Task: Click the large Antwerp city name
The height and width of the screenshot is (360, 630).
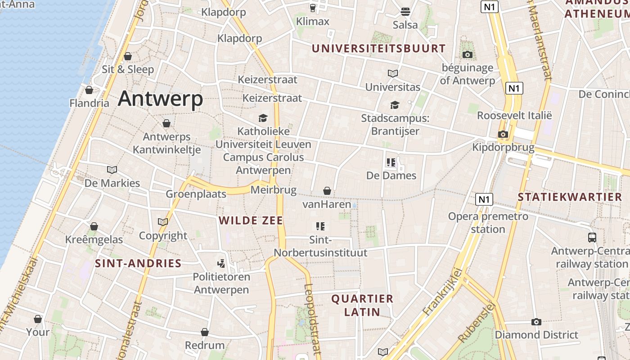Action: click(x=160, y=98)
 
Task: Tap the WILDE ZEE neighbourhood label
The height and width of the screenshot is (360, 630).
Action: click(x=251, y=220)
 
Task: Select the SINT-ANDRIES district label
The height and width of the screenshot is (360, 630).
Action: click(x=138, y=263)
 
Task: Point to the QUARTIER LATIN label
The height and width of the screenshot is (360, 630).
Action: click(x=362, y=305)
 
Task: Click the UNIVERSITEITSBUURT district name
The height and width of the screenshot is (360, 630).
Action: click(x=378, y=48)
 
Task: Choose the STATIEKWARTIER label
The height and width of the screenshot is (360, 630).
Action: click(x=570, y=197)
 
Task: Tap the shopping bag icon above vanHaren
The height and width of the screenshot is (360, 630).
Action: click(x=327, y=191)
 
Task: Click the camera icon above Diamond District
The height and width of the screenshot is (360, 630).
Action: click(x=536, y=322)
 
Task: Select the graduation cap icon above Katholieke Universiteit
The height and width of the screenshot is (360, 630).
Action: click(x=263, y=118)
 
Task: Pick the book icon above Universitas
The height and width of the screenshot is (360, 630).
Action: click(x=393, y=73)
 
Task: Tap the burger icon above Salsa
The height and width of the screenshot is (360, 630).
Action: click(x=405, y=11)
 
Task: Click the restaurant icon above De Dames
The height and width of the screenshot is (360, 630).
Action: click(x=391, y=162)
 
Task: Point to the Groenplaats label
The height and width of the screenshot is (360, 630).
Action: click(x=196, y=194)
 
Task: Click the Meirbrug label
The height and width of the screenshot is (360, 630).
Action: click(x=274, y=190)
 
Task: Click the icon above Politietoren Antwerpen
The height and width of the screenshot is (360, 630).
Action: click(x=221, y=263)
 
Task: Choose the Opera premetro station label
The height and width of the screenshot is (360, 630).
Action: click(x=488, y=223)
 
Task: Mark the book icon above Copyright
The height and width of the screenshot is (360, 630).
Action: click(x=163, y=222)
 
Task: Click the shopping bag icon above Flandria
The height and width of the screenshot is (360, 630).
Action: click(x=89, y=90)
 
